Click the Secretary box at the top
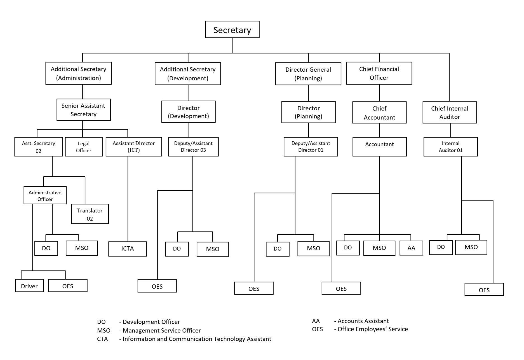(x=232, y=29)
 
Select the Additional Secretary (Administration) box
(x=78, y=73)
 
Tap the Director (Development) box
(x=188, y=112)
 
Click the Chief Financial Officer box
(x=379, y=73)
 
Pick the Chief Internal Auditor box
(x=449, y=112)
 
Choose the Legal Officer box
(x=84, y=147)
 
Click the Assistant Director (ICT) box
(x=134, y=146)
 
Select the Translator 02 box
(x=90, y=214)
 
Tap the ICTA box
(x=128, y=249)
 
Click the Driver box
(x=29, y=286)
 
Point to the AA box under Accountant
(x=411, y=248)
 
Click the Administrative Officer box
(x=45, y=195)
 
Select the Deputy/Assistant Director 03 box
(x=193, y=146)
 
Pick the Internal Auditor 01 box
(x=450, y=146)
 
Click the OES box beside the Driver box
(x=68, y=286)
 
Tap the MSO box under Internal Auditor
(x=471, y=247)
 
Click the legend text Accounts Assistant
(x=363, y=321)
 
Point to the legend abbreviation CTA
(x=102, y=339)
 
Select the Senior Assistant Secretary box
(x=83, y=110)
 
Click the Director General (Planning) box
(x=308, y=74)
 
